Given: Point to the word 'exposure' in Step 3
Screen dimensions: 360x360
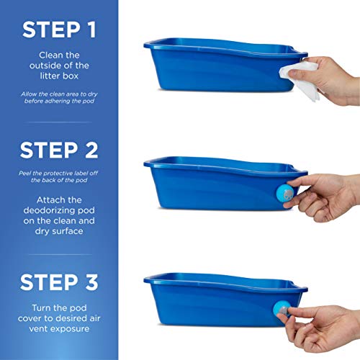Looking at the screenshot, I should (x=73, y=328).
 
